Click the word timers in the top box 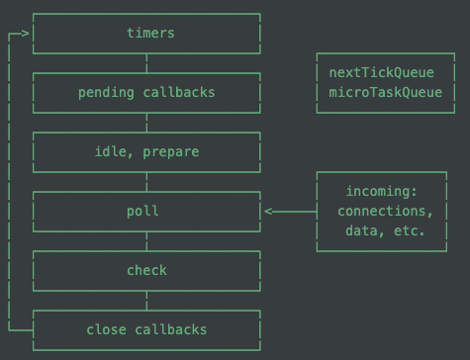pos(150,33)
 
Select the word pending pos(106,92)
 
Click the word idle pos(109,151)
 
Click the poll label pos(142,211)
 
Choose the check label pos(146,270)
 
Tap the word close pos(106,329)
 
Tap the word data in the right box pos(358,230)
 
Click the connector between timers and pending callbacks pos(146,62)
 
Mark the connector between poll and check pos(146,240)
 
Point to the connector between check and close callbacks pos(146,300)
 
